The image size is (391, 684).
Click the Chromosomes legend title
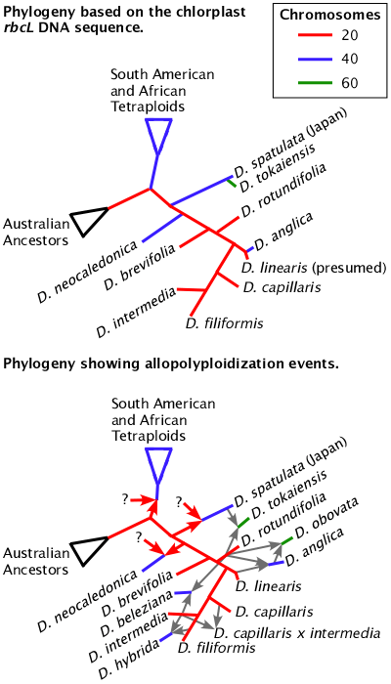click(329, 16)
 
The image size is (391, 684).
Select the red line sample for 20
click(315, 37)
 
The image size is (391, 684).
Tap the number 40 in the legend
click(350, 60)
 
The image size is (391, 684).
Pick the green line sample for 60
click(315, 82)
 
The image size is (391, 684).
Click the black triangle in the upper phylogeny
click(90, 220)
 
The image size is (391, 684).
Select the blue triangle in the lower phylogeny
click(158, 463)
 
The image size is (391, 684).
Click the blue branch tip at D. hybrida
click(167, 636)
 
